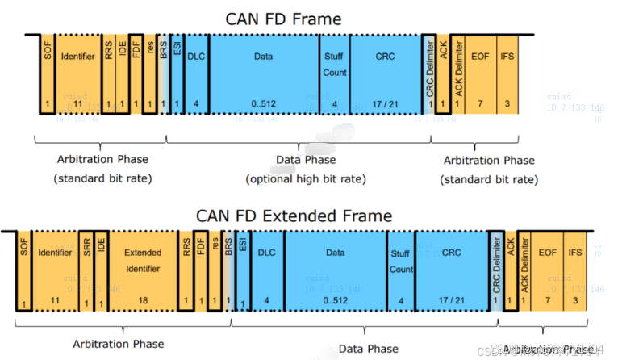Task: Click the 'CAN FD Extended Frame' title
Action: [294, 216]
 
